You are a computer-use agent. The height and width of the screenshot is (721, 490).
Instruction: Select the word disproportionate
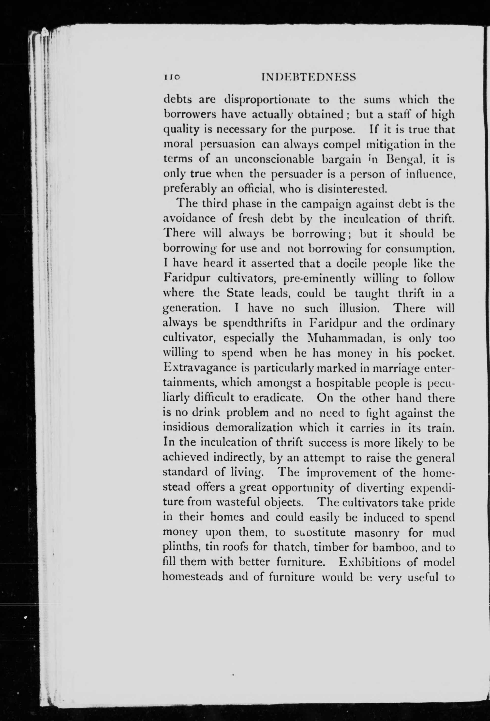(x=267, y=100)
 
